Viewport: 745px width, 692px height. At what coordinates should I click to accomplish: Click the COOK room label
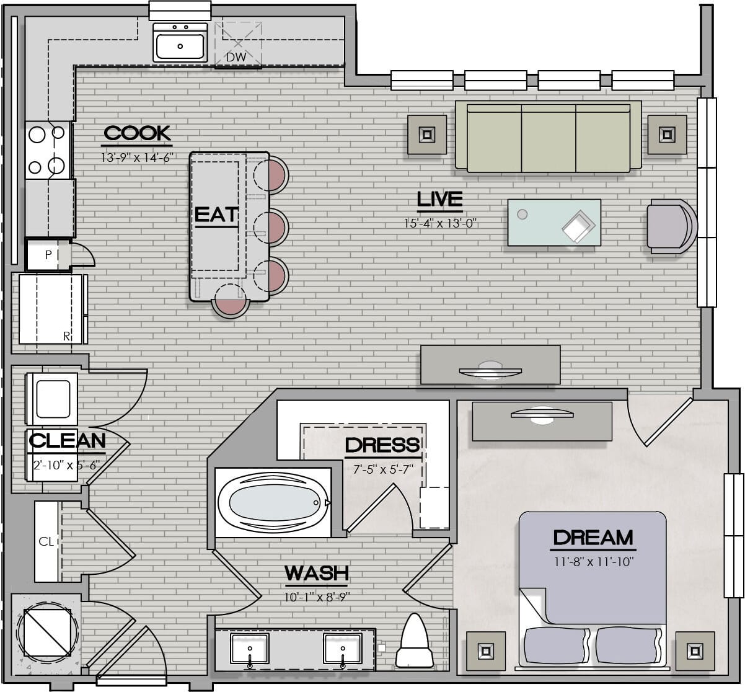coord(137,133)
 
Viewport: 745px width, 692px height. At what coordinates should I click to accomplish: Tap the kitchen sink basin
coord(180,46)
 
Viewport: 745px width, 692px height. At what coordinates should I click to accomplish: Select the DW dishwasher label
coord(236,57)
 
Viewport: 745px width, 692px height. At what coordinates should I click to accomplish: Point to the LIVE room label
coord(439,199)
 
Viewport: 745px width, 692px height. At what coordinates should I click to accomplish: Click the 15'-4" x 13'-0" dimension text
coord(440,223)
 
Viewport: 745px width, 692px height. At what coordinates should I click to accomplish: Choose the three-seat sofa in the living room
coord(549,136)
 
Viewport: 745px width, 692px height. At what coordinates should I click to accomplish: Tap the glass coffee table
coord(554,222)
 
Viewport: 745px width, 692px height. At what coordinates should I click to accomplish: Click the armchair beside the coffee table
coord(672,226)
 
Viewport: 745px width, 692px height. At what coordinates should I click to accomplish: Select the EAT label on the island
coord(216,215)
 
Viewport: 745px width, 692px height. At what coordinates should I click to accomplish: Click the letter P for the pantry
coord(48,255)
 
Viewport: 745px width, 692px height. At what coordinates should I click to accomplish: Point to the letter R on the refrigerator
coord(67,336)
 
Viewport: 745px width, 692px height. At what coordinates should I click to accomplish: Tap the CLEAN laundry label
coord(67,440)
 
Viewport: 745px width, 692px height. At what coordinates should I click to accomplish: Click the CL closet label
coord(46,541)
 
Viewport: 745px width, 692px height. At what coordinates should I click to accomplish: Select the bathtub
coord(273,502)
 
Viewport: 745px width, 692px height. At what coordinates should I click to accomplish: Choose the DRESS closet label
coord(382,445)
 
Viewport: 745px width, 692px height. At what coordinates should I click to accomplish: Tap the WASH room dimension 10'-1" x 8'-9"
coord(317,597)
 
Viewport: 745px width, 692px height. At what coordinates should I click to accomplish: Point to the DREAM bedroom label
coord(593,538)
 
